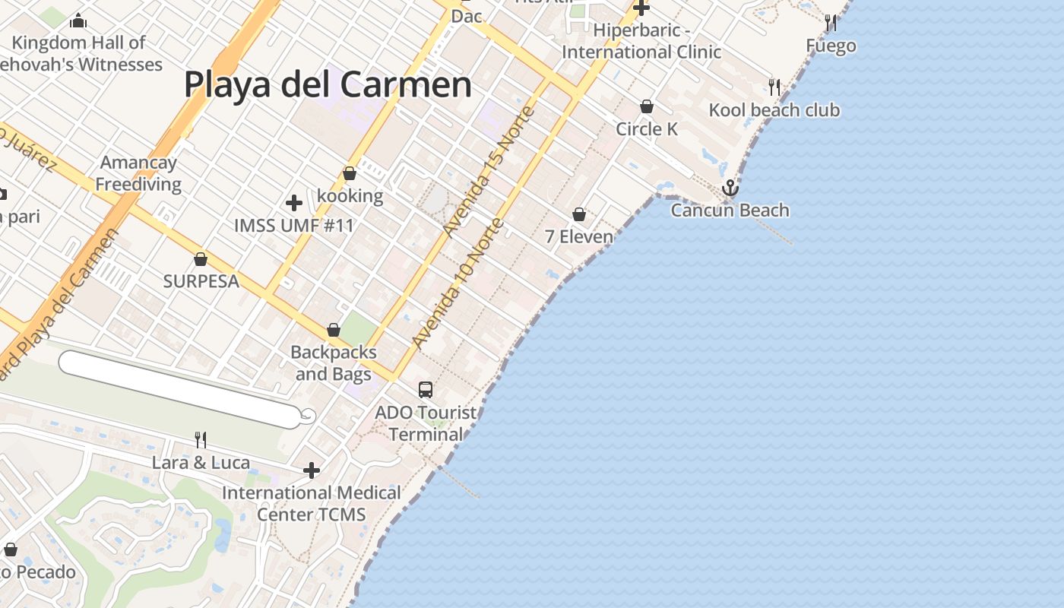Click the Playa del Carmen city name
tap(328, 84)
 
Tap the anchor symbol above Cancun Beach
tap(730, 187)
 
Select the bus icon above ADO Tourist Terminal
tap(426, 390)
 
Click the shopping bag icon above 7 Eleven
tap(579, 214)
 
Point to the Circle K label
tap(647, 129)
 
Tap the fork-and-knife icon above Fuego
tap(831, 23)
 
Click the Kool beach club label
tap(774, 110)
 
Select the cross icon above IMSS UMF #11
tap(294, 203)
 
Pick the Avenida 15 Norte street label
tap(491, 171)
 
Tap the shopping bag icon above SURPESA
tap(201, 259)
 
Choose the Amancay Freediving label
tap(138, 173)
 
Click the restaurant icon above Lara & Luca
tap(201, 439)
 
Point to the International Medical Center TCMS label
tap(312, 503)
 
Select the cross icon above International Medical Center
tap(312, 471)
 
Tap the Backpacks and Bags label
tap(334, 363)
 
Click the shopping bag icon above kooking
tap(350, 174)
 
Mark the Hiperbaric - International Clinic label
tap(641, 41)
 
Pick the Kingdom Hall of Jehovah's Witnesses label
tap(80, 53)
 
